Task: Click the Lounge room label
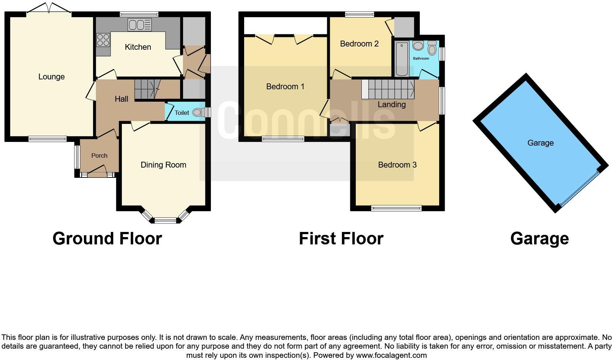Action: [51, 77]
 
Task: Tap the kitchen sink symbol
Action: [139, 25]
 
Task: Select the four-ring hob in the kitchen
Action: [103, 40]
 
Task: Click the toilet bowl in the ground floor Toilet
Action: [198, 112]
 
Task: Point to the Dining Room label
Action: [163, 165]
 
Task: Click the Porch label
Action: [99, 156]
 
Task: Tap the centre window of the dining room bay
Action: [165, 220]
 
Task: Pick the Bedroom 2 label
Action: [359, 44]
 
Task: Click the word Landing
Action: [392, 105]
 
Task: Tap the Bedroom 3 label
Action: [397, 165]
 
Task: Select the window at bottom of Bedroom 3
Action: [396, 209]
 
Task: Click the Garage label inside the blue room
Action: [540, 143]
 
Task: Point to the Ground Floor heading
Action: [107, 239]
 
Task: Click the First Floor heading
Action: [341, 239]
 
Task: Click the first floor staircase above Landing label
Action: [388, 89]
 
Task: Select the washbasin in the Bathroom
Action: [418, 46]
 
